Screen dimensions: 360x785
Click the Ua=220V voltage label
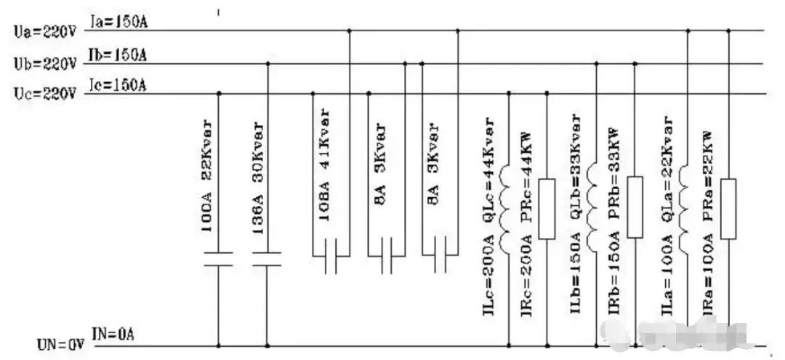tap(44, 33)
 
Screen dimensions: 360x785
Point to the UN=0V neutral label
tap(59, 340)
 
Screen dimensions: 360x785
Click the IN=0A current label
tap(113, 334)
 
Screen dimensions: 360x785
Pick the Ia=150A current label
tap(118, 24)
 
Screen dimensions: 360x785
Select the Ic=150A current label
tap(118, 85)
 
